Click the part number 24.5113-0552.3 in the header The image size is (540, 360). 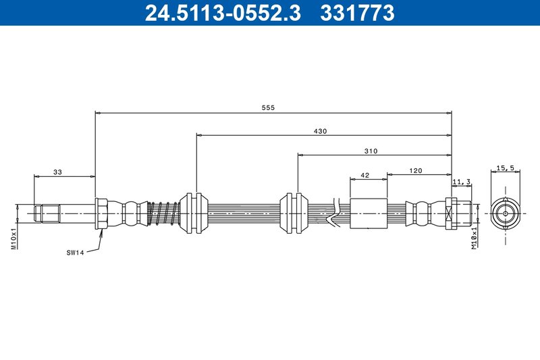[x=223, y=13]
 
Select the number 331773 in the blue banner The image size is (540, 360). [x=356, y=13]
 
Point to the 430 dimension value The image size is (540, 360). [x=320, y=131]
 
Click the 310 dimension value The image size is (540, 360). [x=371, y=151]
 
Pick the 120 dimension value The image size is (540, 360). [x=416, y=171]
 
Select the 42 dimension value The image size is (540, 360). [x=365, y=175]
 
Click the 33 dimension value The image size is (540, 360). [x=57, y=173]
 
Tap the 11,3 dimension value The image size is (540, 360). [x=462, y=180]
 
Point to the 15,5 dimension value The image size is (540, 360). [x=506, y=168]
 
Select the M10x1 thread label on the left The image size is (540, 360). [x=13, y=238]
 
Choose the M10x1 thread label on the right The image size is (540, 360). [x=475, y=238]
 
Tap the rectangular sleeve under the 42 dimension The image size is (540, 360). [x=369, y=213]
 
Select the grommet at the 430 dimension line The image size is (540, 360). [x=196, y=213]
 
